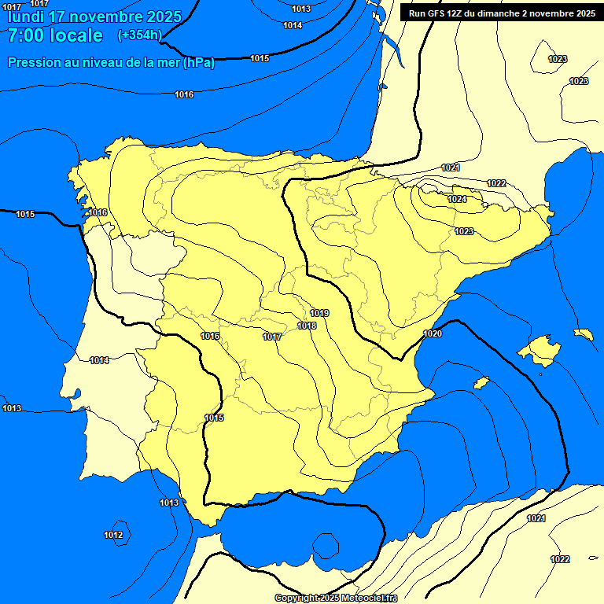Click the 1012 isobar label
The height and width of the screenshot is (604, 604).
pos(113,536)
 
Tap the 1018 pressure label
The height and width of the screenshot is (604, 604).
pos(307,326)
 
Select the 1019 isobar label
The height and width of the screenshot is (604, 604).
pos(319,314)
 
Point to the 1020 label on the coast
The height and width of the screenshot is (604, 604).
pos(433,333)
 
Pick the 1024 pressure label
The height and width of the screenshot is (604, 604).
pos(457,200)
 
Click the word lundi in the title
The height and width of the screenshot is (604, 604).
pos(25,17)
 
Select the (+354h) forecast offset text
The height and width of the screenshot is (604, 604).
pos(139,35)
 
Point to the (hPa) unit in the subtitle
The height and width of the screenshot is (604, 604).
pos(198,63)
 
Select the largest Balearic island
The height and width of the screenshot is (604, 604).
pos(539,348)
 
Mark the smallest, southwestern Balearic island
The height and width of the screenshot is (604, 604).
pos(481,383)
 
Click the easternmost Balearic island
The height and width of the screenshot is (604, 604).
pos(584,333)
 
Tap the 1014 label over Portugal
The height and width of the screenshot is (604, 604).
pos(99,360)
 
